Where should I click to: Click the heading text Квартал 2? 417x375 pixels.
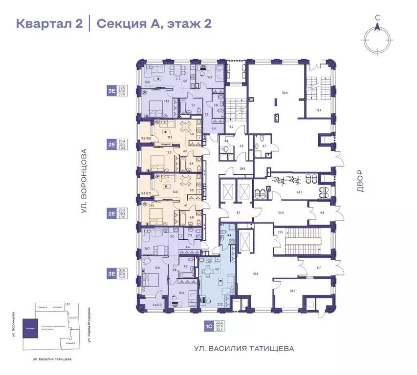click(49, 23)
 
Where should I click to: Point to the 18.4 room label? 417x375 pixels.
click(319, 111)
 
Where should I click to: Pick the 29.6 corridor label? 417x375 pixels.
click(242, 169)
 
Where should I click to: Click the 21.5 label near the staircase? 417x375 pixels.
click(281, 232)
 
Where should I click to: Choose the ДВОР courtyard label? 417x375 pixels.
click(360, 180)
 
